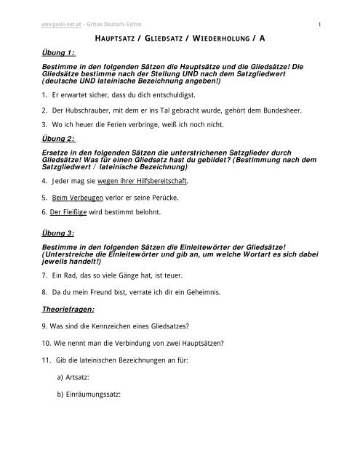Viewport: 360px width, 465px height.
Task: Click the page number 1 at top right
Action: pos(321,9)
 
